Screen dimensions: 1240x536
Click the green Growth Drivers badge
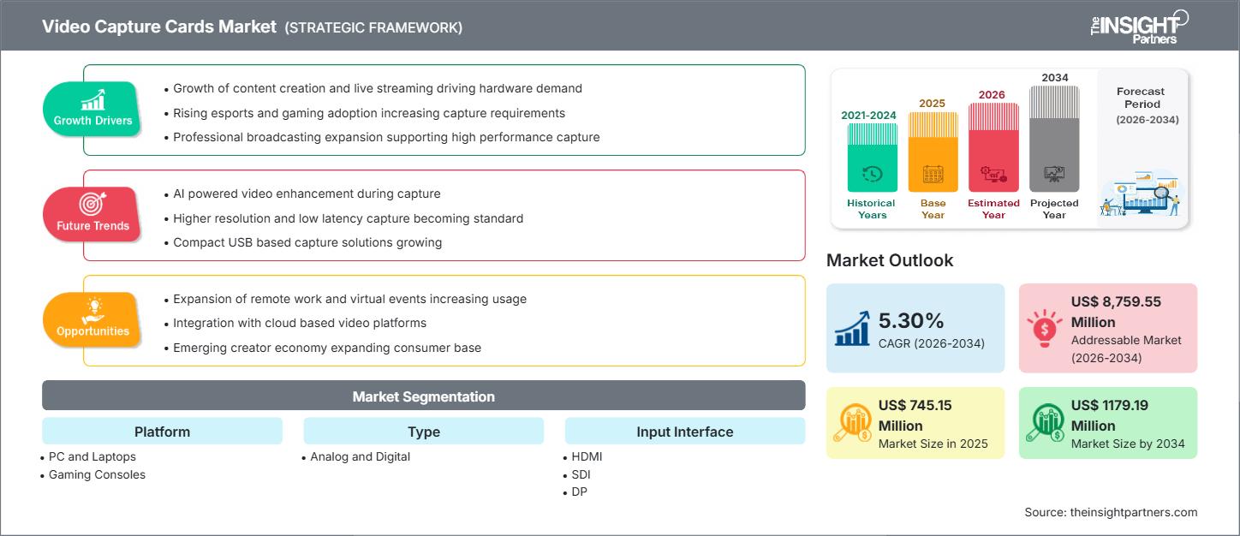coord(92,109)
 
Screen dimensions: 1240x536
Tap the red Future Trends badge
coord(92,214)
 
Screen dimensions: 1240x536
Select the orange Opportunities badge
coord(92,319)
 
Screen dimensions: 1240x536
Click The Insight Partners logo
coord(1139,27)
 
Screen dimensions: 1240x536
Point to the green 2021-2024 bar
coord(872,158)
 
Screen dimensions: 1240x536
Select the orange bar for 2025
coord(933,152)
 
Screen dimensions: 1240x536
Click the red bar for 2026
coord(993,148)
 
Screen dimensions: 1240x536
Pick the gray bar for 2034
coord(1054,139)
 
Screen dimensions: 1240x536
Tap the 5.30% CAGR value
coord(910,320)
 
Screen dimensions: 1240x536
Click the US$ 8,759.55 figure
coord(1116,301)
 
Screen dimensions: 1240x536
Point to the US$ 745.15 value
coord(915,405)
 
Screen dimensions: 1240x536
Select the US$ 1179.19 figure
coord(1109,405)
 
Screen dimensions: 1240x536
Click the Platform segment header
coord(162,432)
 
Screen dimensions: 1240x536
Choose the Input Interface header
coord(685,432)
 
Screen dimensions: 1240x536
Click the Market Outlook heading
coord(890,260)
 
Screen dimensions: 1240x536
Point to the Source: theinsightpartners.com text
coord(1111,512)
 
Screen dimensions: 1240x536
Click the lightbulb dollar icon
coord(1044,328)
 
